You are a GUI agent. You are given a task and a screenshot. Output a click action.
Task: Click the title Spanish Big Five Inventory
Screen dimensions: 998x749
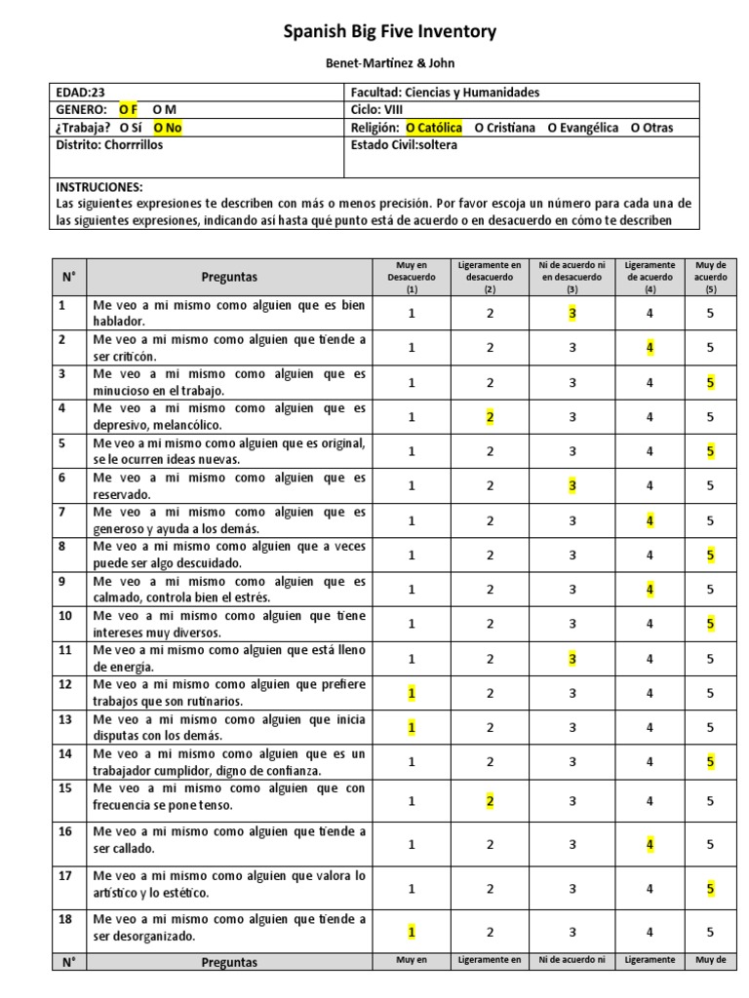click(x=389, y=32)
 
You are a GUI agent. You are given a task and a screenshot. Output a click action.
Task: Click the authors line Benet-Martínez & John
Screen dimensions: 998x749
click(x=388, y=62)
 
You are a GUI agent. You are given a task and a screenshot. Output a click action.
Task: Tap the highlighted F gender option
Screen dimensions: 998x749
click(x=129, y=110)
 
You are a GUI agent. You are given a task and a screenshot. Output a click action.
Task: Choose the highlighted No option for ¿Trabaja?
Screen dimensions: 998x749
click(x=168, y=128)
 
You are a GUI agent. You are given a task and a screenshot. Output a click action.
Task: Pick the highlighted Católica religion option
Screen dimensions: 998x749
click(x=434, y=128)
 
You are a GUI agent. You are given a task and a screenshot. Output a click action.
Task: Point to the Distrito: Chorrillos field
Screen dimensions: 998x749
click(x=109, y=145)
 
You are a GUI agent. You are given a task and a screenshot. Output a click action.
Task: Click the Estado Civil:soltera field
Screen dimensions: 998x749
click(x=403, y=145)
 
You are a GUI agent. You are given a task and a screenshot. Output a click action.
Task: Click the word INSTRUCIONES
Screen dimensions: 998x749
click(x=99, y=186)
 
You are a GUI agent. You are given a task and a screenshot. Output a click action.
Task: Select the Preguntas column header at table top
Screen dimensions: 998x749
click(x=229, y=277)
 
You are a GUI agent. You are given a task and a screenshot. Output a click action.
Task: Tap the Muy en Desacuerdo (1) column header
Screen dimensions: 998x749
click(x=412, y=277)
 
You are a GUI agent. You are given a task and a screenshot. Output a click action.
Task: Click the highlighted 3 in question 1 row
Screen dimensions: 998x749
click(x=573, y=313)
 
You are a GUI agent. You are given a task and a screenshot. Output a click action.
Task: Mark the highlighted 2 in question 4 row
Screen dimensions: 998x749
click(x=491, y=416)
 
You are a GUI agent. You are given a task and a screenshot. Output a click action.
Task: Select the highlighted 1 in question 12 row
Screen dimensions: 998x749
click(x=412, y=693)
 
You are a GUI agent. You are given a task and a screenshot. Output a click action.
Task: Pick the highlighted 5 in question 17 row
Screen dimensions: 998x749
click(x=710, y=888)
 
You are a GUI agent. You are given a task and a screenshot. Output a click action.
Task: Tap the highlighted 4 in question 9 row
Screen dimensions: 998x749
click(x=650, y=589)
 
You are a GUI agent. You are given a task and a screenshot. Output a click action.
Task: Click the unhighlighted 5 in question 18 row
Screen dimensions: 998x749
click(x=710, y=932)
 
